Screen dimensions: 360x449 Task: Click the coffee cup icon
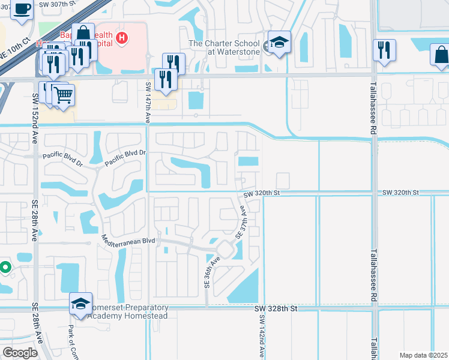click(x=23, y=10)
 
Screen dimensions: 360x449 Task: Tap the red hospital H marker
click(x=122, y=38)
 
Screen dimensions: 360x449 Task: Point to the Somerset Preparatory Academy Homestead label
click(x=128, y=312)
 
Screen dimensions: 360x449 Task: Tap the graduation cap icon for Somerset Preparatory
click(x=80, y=304)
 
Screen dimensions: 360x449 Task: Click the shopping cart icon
click(x=63, y=94)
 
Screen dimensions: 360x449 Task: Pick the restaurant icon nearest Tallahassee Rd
click(x=384, y=50)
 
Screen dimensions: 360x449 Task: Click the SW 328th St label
click(x=276, y=308)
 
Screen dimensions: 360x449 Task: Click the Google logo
click(x=21, y=353)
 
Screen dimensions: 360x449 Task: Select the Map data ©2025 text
click(x=423, y=355)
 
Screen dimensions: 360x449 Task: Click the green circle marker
click(x=4, y=268)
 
